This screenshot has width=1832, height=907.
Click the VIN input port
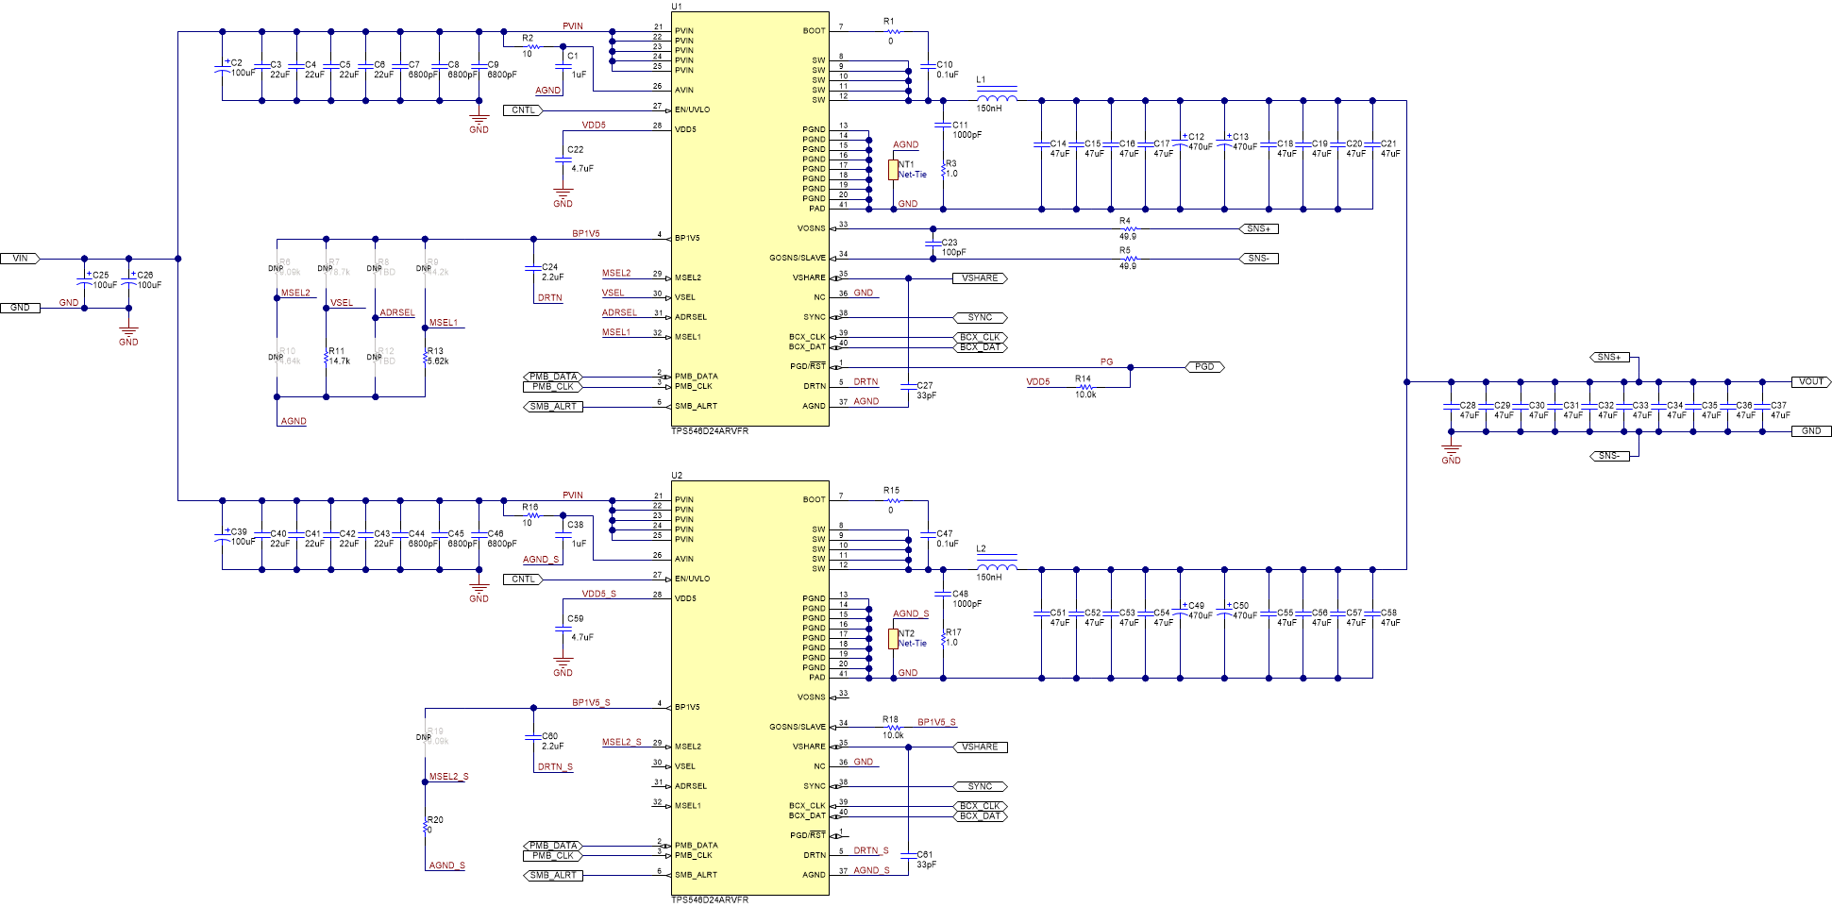click(19, 259)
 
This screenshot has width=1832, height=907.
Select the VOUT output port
click(1810, 382)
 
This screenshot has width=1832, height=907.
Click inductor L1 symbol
click(997, 97)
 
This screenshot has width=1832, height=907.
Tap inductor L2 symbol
click(997, 566)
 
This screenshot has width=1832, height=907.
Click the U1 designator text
click(677, 7)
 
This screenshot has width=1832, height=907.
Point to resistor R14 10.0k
click(1085, 387)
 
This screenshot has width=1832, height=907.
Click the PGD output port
click(1203, 367)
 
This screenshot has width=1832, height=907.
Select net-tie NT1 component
click(893, 170)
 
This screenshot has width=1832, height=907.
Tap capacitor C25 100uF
click(85, 279)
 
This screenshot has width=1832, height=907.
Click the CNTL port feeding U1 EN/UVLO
click(523, 110)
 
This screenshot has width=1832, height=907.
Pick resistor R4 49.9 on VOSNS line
click(1129, 229)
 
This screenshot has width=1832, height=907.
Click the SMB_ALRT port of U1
click(553, 407)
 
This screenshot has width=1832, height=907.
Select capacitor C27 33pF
click(908, 386)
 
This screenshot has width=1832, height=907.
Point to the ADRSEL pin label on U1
click(690, 317)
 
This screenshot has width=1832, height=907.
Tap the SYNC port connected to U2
click(980, 786)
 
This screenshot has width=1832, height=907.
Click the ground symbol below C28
click(1451, 451)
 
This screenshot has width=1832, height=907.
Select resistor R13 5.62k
click(426, 357)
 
